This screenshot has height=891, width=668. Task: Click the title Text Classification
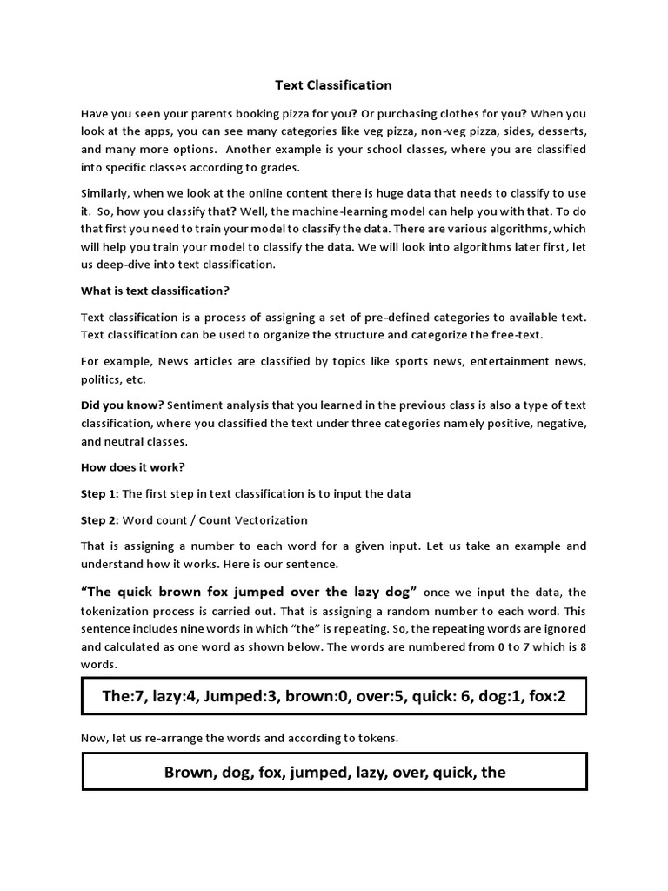point(334,85)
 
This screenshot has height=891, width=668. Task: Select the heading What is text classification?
point(155,291)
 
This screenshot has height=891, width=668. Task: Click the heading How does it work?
point(132,467)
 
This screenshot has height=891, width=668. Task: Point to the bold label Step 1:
point(99,494)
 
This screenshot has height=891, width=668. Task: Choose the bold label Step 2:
point(99,520)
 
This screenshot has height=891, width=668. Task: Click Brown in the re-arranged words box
point(188,773)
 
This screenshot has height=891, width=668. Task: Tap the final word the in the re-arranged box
point(493,773)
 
